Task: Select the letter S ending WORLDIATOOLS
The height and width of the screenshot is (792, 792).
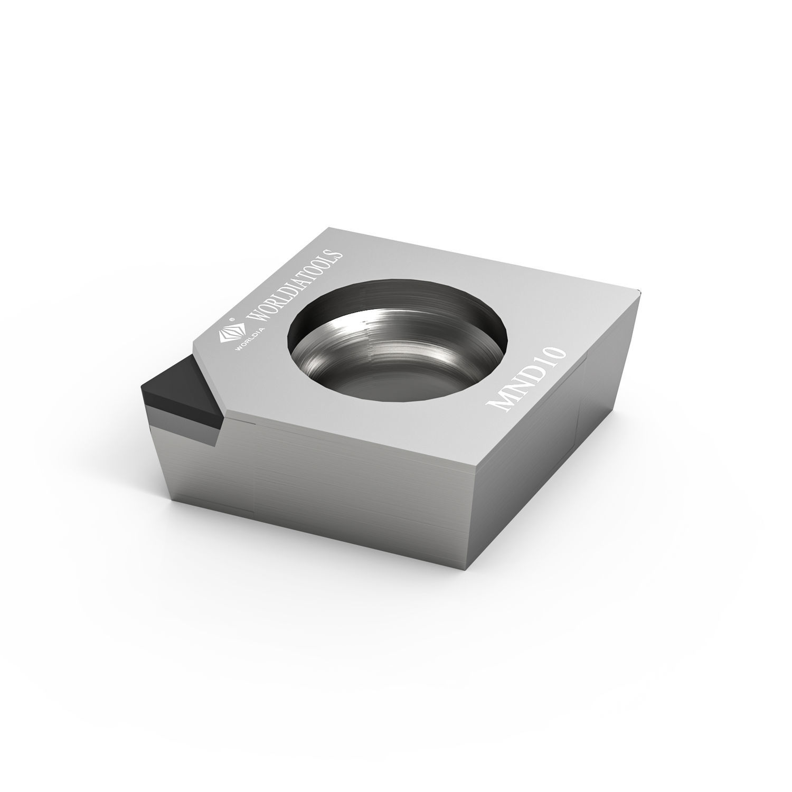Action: click(x=336, y=255)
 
